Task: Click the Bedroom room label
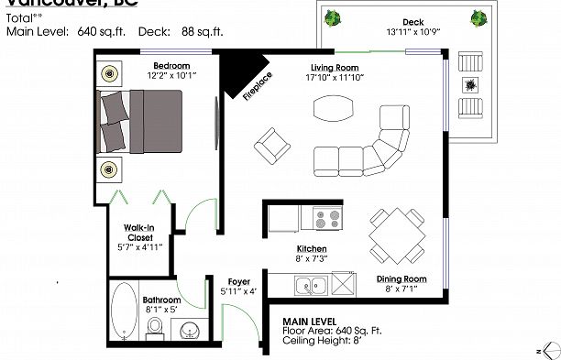[171, 66]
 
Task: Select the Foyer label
[238, 282]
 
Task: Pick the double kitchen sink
[313, 285]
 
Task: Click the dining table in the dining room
[397, 232]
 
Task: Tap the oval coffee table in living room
[332, 109]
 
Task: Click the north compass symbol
[547, 350]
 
